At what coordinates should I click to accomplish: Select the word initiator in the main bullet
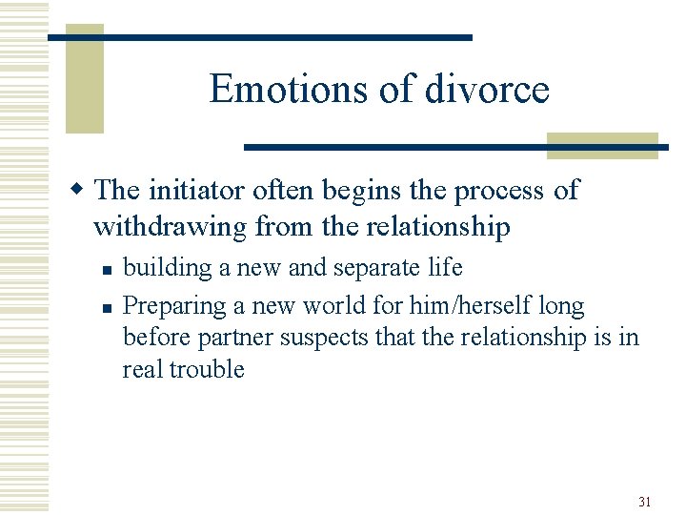(196, 190)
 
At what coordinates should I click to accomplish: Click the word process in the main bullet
(500, 190)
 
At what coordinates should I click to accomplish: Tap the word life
(443, 268)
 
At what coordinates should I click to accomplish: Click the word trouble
(207, 369)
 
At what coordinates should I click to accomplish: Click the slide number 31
(645, 502)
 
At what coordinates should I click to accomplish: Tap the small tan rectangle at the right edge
(602, 145)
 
